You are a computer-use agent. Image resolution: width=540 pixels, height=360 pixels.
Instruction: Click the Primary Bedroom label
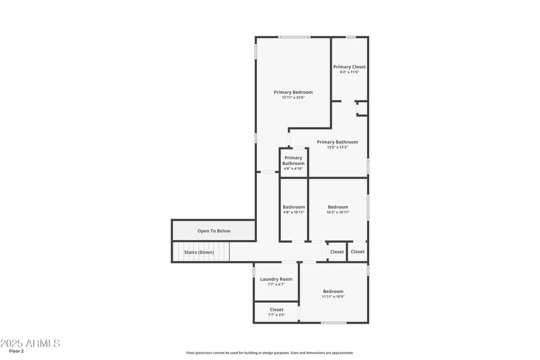click(293, 92)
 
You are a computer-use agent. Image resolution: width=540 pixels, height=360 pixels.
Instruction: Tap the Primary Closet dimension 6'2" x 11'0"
click(350, 72)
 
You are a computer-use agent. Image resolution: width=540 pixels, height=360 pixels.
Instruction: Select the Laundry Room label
click(276, 279)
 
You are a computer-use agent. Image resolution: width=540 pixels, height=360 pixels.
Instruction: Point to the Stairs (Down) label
click(199, 252)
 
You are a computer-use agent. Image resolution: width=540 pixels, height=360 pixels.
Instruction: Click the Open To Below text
click(214, 231)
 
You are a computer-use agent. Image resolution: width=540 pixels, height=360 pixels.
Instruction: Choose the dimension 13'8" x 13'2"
click(337, 147)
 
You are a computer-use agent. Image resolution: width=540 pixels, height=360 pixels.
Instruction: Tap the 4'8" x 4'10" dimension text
click(293, 169)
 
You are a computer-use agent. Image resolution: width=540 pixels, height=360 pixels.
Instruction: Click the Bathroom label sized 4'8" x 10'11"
click(294, 207)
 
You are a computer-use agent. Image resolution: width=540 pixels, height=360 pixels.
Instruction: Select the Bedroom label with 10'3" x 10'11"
click(338, 207)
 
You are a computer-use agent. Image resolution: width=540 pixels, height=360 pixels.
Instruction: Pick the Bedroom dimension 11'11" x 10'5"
click(333, 297)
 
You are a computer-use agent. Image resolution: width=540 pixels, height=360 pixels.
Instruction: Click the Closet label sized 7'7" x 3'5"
click(276, 310)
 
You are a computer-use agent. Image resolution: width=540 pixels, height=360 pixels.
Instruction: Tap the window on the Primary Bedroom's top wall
click(294, 37)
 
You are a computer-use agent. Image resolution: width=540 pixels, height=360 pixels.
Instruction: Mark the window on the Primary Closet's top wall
click(351, 37)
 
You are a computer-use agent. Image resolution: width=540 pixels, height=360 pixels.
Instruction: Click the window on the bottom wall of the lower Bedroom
click(334, 323)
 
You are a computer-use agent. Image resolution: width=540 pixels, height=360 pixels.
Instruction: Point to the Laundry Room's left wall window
click(254, 272)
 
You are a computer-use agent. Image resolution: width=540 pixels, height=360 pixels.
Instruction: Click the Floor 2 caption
click(16, 352)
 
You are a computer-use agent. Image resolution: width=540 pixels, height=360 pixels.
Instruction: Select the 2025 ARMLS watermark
click(30, 343)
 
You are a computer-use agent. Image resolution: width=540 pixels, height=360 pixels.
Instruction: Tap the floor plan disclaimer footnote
click(270, 353)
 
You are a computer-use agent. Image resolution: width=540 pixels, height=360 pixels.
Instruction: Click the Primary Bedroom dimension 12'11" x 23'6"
click(293, 98)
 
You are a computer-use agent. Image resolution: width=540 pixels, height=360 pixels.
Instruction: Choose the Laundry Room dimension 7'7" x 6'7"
click(276, 285)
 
